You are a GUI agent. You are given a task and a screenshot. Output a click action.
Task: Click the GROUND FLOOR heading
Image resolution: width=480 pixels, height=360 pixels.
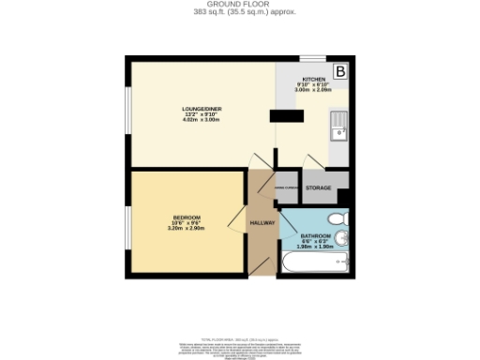pyautogui.click(x=240, y=5)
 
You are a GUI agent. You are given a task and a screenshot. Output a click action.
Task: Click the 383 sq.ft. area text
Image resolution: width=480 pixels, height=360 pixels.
pyautogui.click(x=240, y=12)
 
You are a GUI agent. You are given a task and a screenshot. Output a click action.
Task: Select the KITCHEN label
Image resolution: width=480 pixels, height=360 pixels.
pyautogui.click(x=313, y=80)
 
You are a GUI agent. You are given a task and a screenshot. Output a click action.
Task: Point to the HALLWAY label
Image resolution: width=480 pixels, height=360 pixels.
pyautogui.click(x=262, y=222)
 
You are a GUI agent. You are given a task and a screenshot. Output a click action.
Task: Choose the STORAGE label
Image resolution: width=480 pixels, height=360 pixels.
pyautogui.click(x=319, y=188)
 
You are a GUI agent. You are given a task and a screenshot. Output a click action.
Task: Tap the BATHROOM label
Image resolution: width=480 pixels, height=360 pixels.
pyautogui.click(x=316, y=235)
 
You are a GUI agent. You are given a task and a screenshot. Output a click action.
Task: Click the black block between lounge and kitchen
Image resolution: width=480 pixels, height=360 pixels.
pyautogui.click(x=286, y=116)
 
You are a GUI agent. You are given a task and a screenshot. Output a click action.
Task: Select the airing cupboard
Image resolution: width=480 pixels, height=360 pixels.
pyautogui.click(x=287, y=188)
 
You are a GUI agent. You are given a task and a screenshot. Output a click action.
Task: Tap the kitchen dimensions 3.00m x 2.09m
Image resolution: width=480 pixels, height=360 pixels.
pyautogui.click(x=313, y=91)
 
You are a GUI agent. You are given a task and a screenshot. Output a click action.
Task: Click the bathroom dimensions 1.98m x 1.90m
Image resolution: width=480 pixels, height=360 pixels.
pyautogui.click(x=316, y=247)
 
